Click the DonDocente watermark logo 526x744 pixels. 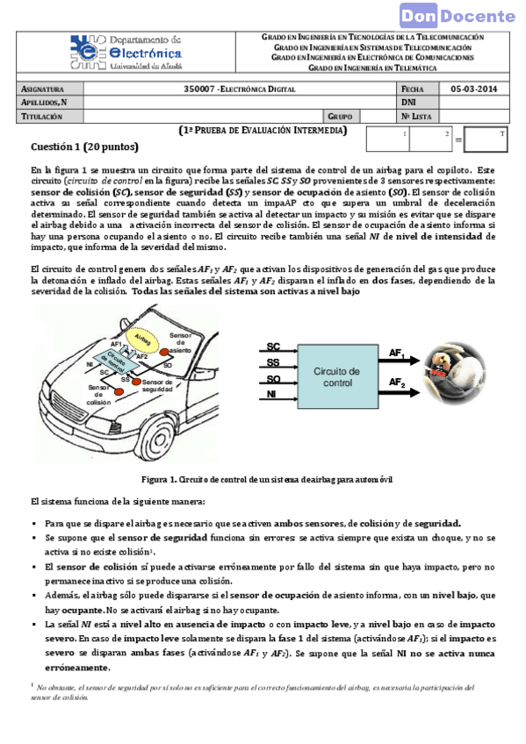[458, 15]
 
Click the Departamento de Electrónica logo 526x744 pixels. [126, 53]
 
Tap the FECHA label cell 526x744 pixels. [413, 89]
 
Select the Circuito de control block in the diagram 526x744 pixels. [337, 377]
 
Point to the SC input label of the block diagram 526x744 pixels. [273, 347]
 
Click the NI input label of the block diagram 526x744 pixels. [272, 395]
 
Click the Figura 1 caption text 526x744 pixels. [267, 480]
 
